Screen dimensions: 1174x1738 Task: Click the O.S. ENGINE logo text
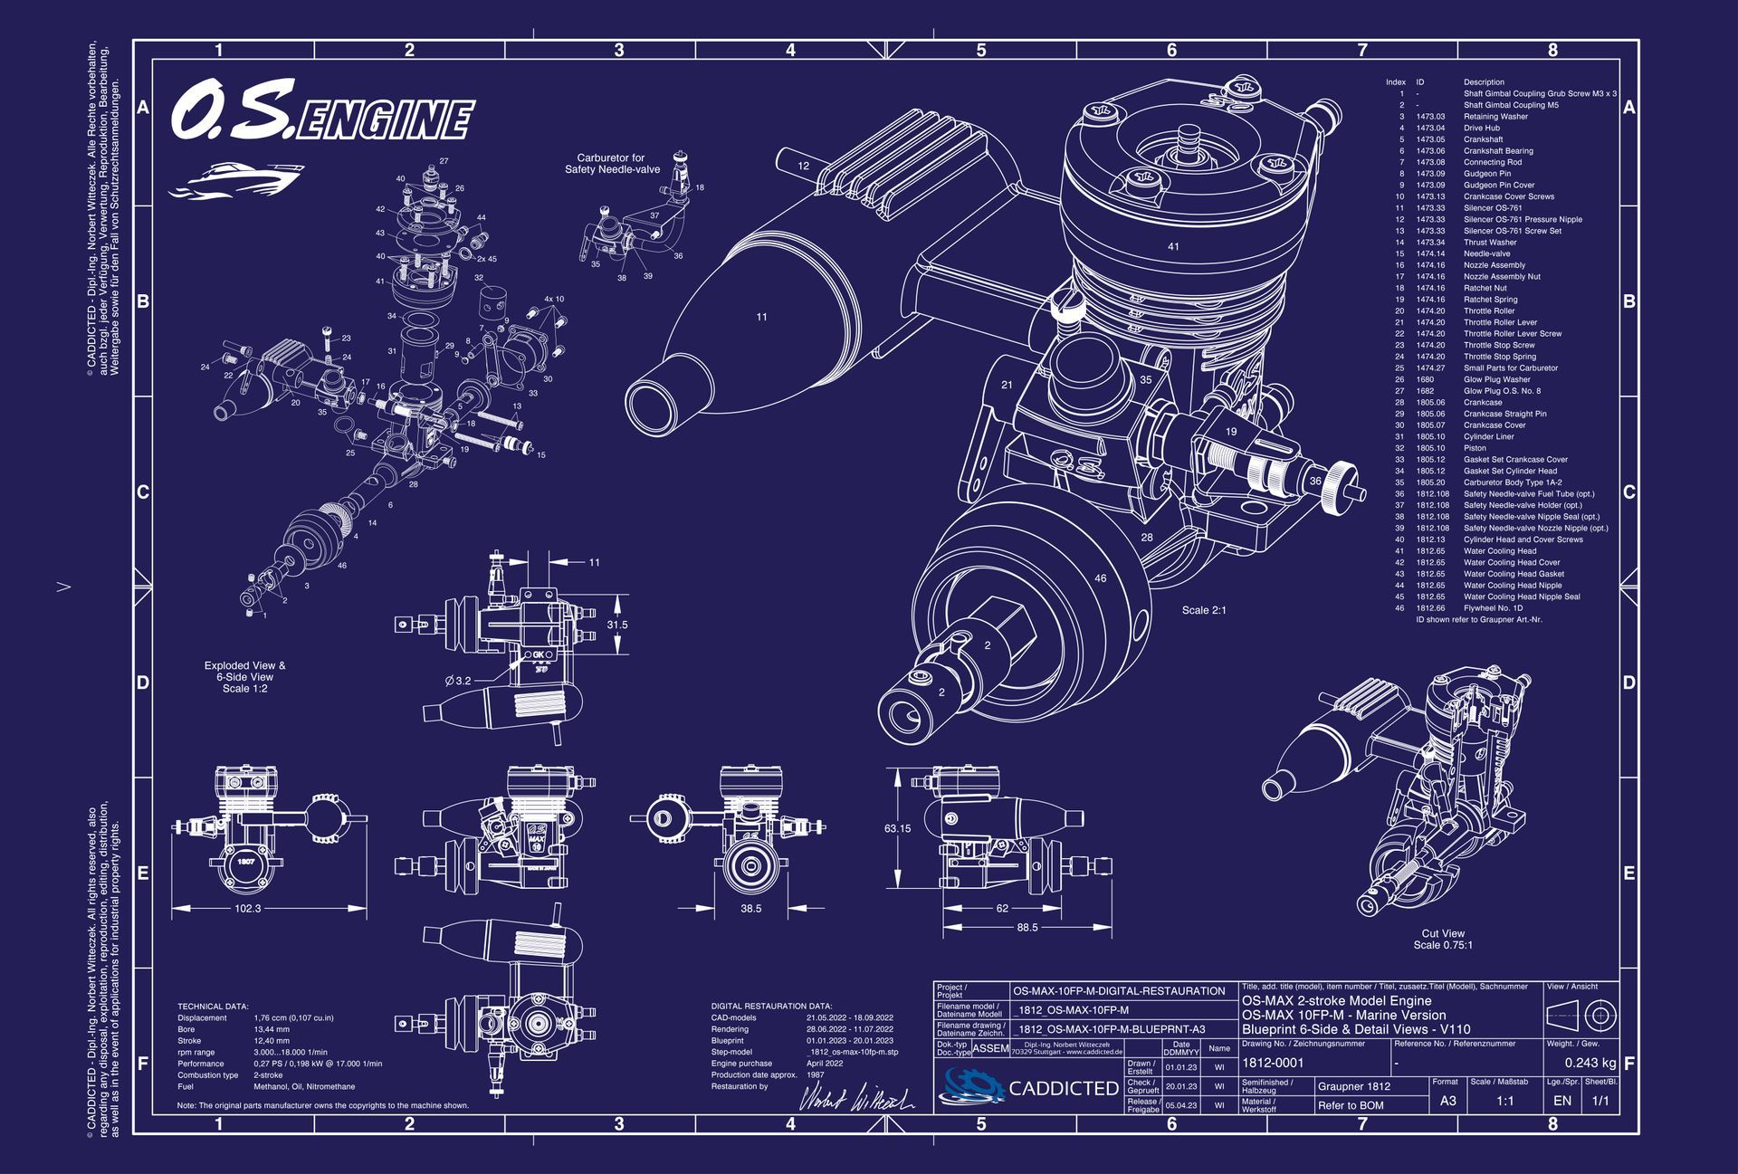click(321, 115)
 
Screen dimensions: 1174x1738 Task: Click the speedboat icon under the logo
click(235, 178)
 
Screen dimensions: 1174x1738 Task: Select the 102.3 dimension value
click(247, 908)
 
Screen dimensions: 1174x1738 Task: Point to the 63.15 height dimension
click(897, 828)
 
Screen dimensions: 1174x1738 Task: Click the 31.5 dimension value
click(616, 625)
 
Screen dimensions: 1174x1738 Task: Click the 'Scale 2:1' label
click(1204, 610)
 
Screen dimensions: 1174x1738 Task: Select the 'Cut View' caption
click(1443, 933)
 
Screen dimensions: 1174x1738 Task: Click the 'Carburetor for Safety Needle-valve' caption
click(612, 164)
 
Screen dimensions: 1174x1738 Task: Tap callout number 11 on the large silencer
click(761, 317)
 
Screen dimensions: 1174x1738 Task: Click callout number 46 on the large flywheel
click(1100, 577)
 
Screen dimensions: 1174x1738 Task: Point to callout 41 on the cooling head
click(1173, 246)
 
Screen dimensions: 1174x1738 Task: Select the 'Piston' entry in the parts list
click(1475, 448)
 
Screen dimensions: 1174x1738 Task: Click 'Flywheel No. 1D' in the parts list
click(1493, 608)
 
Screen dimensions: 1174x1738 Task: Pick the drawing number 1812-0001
click(1273, 1063)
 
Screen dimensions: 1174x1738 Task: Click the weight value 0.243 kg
click(1590, 1063)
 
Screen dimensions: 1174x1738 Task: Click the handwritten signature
click(855, 1098)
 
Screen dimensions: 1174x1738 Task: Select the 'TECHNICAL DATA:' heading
click(213, 1007)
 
